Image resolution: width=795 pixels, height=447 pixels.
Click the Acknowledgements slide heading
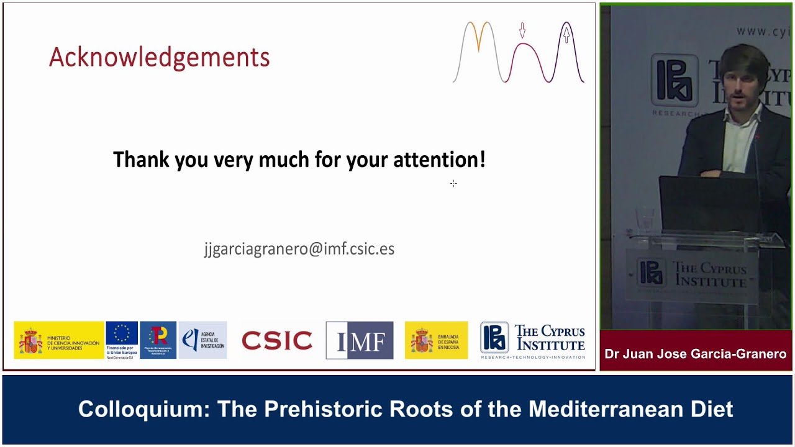159,58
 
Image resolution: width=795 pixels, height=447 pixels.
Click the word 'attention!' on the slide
439,160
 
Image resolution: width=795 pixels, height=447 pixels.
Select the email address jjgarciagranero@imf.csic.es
299,249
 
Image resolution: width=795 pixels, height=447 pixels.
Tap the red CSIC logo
276,340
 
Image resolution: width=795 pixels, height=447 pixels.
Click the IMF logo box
359,340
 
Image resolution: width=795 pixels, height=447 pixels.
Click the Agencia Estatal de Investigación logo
202,340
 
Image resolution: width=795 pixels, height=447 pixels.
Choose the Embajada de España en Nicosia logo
436,340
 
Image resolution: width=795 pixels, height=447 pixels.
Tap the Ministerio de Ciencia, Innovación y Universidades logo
59,340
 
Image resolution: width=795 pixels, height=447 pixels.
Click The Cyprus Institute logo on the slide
532,340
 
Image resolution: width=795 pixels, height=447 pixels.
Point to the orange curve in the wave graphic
479,34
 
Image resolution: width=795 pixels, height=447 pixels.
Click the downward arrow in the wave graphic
522,30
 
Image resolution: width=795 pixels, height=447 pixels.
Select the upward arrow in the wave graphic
566,34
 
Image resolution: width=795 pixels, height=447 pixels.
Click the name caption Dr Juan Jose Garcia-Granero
696,354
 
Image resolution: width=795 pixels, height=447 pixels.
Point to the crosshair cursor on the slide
453,183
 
